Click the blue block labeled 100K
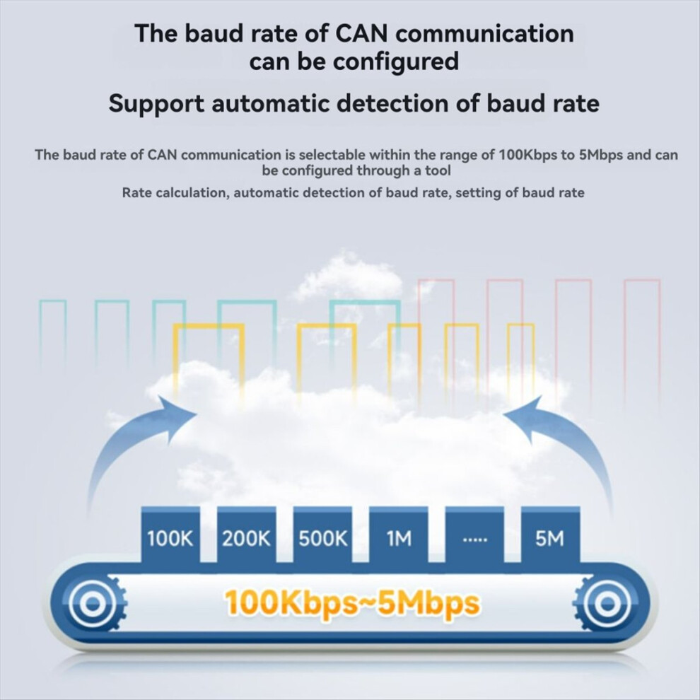click(170, 535)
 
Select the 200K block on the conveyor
click(247, 535)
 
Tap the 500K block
click(322, 535)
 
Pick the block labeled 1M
click(399, 535)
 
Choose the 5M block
click(550, 535)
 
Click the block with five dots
click(474, 535)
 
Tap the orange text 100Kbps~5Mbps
click(352, 602)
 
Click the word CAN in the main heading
click(361, 33)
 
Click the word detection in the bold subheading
click(392, 103)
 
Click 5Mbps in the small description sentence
click(601, 156)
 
